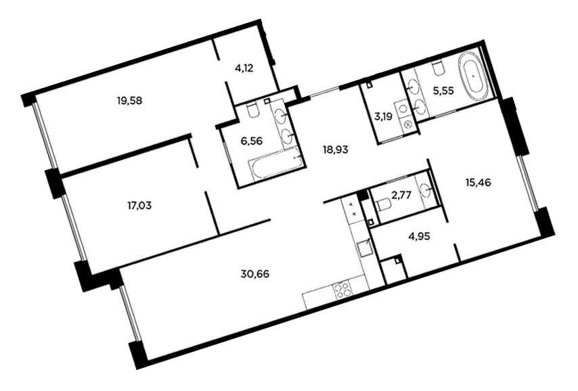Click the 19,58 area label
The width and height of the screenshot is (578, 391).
pyautogui.click(x=129, y=100)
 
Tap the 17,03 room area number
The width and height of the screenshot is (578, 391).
pyautogui.click(x=139, y=205)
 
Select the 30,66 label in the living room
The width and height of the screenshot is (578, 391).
pyautogui.click(x=255, y=274)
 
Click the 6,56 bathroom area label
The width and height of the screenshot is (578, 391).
pyautogui.click(x=253, y=141)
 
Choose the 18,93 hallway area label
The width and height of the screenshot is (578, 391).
pyautogui.click(x=336, y=150)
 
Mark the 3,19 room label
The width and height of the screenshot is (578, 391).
pyautogui.click(x=383, y=117)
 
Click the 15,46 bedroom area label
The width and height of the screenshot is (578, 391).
pyautogui.click(x=478, y=183)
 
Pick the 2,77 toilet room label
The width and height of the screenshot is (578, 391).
pyautogui.click(x=401, y=195)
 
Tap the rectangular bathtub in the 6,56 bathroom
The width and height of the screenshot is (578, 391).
pyautogui.click(x=276, y=166)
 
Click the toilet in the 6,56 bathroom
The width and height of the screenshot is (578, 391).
pyautogui.click(x=252, y=110)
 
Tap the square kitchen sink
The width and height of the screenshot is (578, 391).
pyautogui.click(x=364, y=249)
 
